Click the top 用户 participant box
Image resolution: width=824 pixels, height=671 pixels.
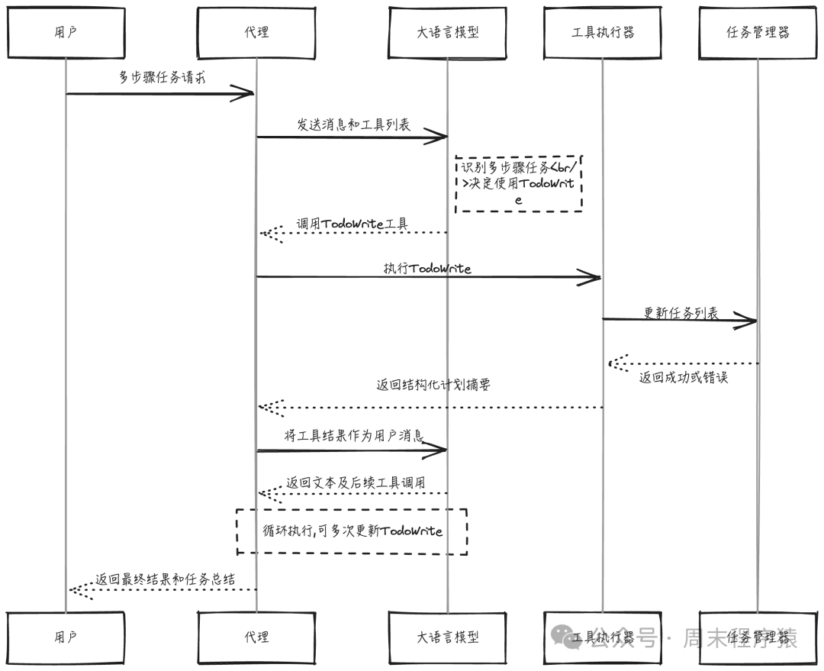coord(66,32)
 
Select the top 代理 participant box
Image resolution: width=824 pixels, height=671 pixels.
coord(256,32)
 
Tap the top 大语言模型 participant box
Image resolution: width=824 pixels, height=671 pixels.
coord(448,32)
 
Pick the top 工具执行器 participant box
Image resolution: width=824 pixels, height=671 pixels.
coord(603,32)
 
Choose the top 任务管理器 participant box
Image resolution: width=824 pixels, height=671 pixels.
coord(758,32)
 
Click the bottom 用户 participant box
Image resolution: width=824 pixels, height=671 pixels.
coord(66,637)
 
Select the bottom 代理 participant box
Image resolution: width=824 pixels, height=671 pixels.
coord(256,637)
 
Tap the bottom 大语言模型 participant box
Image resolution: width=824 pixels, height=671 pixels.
coord(448,637)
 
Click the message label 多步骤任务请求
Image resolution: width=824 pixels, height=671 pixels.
coord(161,78)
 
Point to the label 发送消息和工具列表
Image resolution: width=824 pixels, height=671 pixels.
coord(353,124)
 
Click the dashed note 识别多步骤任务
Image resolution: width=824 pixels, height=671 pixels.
coord(519,183)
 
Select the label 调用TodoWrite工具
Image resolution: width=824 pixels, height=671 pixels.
coord(352,224)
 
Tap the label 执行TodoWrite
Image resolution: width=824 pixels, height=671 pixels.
coord(427,268)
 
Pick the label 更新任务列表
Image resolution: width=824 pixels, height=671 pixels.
coord(681,313)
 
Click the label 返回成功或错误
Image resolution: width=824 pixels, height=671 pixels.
coord(684,377)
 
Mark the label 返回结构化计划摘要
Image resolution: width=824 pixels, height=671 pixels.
coord(433,386)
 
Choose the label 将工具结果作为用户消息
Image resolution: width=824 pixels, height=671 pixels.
coord(353,436)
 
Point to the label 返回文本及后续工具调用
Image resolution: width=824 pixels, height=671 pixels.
coord(356,482)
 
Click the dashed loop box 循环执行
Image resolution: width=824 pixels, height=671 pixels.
coord(352,531)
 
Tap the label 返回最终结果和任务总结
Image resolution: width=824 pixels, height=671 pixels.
coord(165,579)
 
